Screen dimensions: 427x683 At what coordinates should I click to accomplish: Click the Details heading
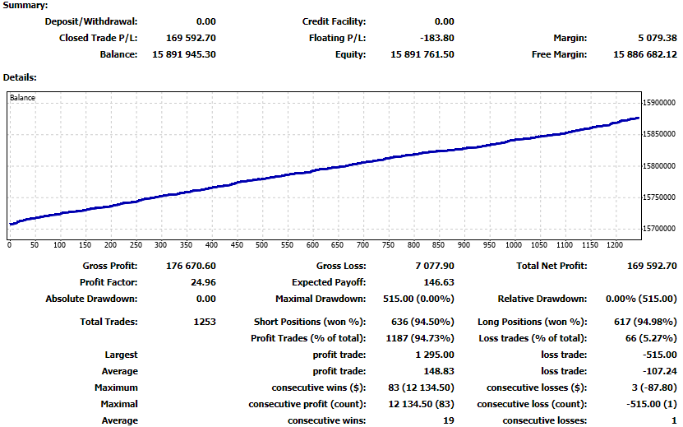[20, 77]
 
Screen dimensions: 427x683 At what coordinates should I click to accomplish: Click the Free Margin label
[559, 54]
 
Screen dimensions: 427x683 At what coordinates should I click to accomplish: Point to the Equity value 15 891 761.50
[422, 54]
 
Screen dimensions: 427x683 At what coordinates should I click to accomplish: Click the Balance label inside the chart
[23, 98]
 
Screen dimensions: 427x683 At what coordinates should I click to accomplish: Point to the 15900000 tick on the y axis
[660, 103]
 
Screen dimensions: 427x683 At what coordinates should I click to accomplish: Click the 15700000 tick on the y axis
[660, 228]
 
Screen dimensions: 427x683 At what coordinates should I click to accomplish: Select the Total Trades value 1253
[203, 322]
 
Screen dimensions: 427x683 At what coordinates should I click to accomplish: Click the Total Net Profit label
[551, 266]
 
